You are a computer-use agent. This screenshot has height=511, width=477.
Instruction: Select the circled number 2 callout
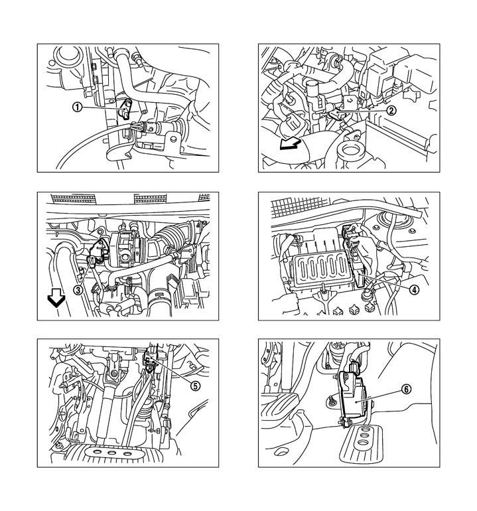(x=393, y=111)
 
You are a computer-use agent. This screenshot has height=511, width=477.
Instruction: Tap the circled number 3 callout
(x=78, y=290)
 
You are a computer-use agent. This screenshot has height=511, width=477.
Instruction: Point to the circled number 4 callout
(x=414, y=289)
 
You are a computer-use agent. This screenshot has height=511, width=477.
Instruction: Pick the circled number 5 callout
(x=195, y=384)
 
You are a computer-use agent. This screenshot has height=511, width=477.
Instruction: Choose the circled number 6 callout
(x=405, y=389)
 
